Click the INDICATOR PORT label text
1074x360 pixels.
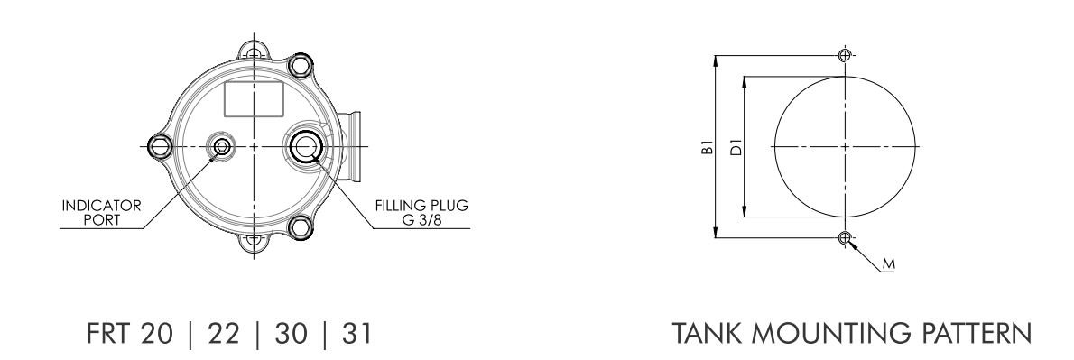click(101, 210)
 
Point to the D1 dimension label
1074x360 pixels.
click(736, 147)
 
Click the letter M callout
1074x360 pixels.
click(888, 264)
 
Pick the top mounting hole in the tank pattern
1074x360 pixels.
click(844, 55)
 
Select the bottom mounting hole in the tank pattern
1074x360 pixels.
click(844, 238)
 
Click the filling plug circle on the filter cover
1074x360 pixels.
click(304, 145)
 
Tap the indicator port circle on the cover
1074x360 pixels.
click(219, 145)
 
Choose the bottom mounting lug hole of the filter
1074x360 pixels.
click(255, 241)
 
